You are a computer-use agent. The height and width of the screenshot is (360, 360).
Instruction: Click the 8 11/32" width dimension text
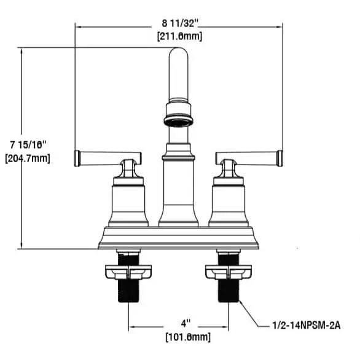180,23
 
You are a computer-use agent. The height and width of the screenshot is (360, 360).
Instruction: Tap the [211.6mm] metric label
180,36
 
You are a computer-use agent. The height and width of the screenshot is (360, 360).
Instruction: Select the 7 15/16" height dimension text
28,145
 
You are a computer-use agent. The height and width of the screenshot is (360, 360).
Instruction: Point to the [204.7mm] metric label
28,158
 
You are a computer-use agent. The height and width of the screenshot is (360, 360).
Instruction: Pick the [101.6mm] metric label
188,337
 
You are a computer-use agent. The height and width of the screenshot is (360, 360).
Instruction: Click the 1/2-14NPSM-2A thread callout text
307,326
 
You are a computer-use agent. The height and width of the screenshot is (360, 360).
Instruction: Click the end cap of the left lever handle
77,158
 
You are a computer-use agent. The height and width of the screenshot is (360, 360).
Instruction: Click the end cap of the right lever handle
280,158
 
